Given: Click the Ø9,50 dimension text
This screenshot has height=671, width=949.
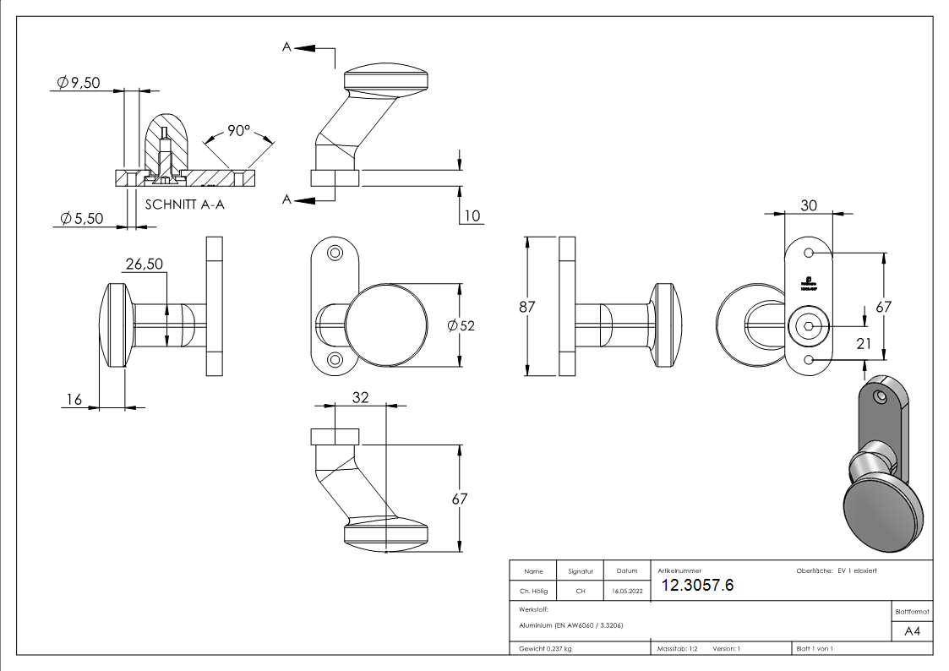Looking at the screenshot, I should tap(79, 82).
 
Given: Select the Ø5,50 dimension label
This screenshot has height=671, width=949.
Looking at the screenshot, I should tap(81, 218).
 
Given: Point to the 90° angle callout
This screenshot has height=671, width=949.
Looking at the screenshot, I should tap(239, 131).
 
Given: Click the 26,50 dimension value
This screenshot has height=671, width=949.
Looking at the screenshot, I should tap(145, 265).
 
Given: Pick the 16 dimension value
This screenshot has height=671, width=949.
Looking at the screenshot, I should tap(74, 399).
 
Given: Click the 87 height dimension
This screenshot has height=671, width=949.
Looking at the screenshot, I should tap(527, 307).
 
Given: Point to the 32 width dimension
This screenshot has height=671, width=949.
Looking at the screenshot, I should tap(360, 398).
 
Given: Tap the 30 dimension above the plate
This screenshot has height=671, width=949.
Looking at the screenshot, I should tap(809, 205).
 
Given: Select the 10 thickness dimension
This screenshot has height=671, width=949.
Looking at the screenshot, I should tap(472, 215).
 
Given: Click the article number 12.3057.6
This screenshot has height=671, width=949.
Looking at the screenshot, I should tap(697, 586).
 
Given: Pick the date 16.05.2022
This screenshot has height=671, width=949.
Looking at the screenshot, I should tap(626, 592).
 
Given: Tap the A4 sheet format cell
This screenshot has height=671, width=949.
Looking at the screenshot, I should tap(912, 631).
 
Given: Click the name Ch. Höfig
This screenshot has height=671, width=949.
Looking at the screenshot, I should tap(533, 592).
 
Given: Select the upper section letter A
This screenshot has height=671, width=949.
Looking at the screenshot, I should tap(287, 48).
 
